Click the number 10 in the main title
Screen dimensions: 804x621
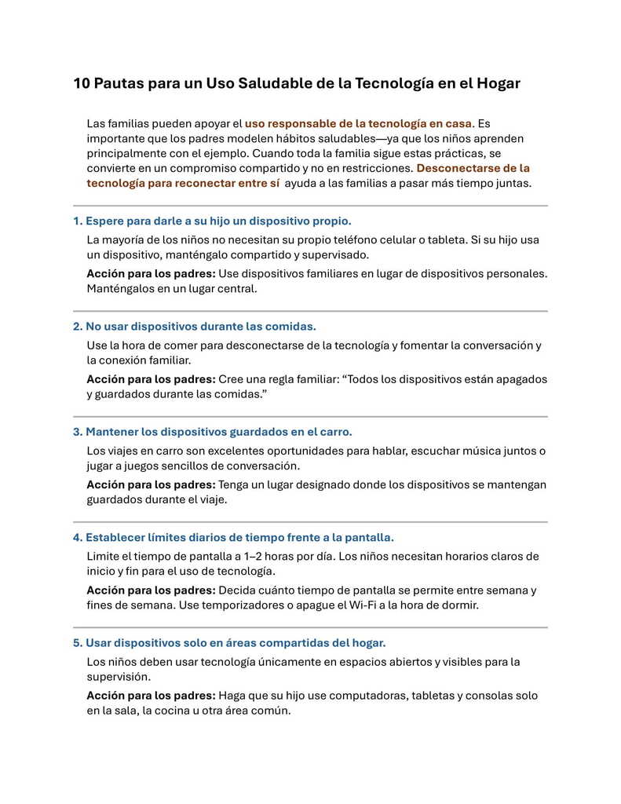(82, 83)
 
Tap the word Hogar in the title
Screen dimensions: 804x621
(498, 83)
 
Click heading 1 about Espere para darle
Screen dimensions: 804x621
(212, 221)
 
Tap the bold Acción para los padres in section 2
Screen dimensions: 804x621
(151, 379)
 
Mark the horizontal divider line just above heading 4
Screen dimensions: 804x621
(310, 522)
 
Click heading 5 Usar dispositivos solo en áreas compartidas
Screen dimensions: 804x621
(229, 642)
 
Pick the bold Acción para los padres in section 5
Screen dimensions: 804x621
(151, 696)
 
